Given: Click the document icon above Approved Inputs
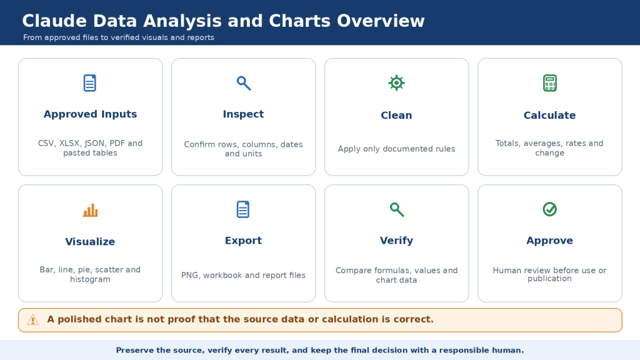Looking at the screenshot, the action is [90, 83].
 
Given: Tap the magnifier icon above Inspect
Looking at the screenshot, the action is [244, 83].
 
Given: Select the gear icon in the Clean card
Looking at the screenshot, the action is [396, 83].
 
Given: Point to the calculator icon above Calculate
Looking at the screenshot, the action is [550, 83].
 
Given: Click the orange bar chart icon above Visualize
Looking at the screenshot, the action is [90, 210].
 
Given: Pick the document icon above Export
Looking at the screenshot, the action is [243, 209].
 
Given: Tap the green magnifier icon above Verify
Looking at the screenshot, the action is [397, 210].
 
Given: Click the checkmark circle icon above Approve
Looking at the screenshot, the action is [550, 209].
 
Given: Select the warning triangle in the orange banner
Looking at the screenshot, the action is [33, 320].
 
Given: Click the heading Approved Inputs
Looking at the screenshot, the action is [90, 114].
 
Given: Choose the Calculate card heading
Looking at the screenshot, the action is [550, 116].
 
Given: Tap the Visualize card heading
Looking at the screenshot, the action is [90, 242].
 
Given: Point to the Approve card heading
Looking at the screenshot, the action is [550, 241].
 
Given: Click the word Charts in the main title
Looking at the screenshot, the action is [300, 21].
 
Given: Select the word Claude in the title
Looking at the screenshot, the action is [54, 21].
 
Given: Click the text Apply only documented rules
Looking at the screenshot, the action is [396, 149].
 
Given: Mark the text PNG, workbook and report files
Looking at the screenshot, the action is [243, 276].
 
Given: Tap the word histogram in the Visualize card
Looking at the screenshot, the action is [90, 279].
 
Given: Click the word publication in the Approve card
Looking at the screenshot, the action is [550, 279].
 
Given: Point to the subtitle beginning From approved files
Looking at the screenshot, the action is [118, 37].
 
